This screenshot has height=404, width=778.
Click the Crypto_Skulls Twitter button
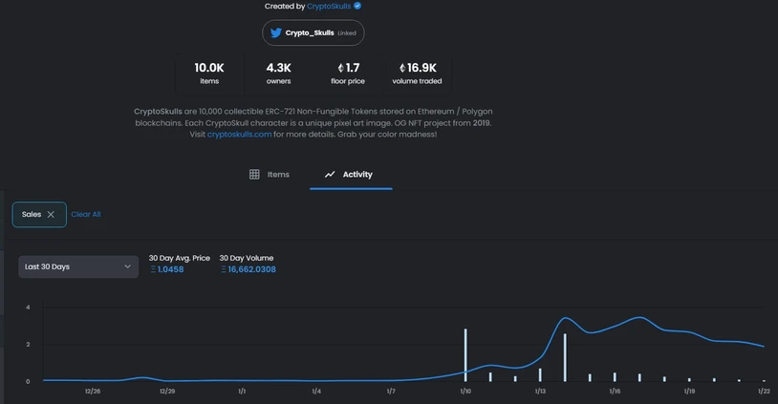tap(313, 32)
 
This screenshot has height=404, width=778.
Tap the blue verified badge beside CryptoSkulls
tap(357, 6)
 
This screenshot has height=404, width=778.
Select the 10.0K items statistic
tap(209, 73)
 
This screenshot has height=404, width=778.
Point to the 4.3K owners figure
tap(278, 73)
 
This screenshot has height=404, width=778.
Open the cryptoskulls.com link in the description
tap(239, 135)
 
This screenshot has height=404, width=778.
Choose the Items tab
tap(269, 175)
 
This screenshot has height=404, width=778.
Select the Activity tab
tap(351, 175)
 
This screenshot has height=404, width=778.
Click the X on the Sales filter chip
tap(51, 215)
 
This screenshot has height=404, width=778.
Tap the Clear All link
tap(86, 214)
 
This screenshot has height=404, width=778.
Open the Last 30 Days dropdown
tap(78, 266)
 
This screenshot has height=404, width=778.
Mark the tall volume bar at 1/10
tap(465, 355)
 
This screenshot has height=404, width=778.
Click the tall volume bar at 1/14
tap(565, 357)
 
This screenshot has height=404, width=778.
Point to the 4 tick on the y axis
tap(28, 308)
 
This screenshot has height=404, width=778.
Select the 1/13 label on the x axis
tap(540, 392)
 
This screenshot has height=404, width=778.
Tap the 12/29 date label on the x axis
tap(167, 392)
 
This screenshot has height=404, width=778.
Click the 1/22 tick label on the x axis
tap(764, 392)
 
